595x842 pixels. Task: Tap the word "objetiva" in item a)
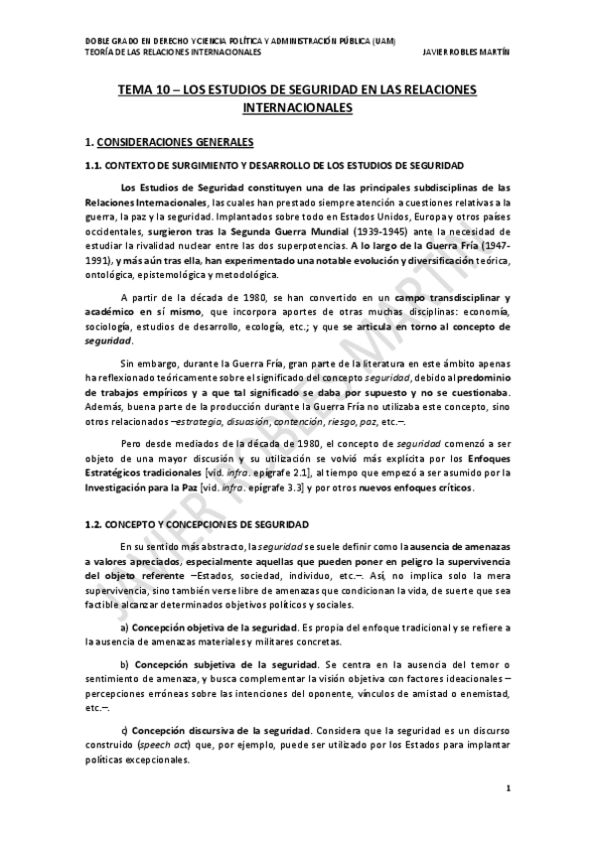(200, 629)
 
